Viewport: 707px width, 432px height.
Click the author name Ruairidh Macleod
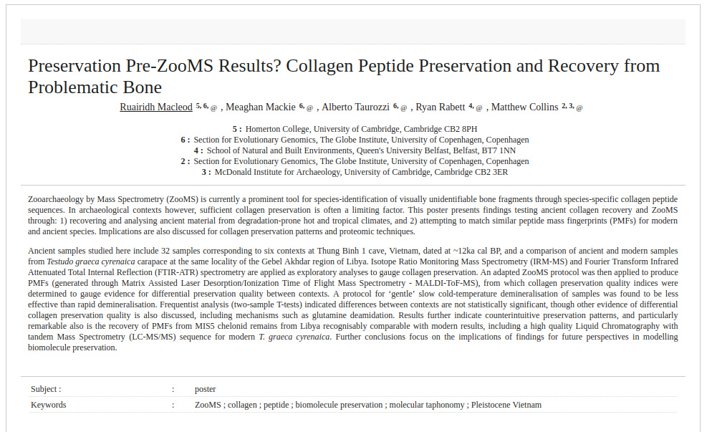pyautogui.click(x=155, y=107)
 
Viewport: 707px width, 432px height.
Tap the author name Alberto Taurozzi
pyautogui.click(x=355, y=107)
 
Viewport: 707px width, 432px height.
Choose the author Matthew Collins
pyautogui.click(x=524, y=107)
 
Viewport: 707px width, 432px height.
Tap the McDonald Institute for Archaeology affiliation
pyautogui.click(x=361, y=172)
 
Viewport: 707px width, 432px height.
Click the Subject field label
pyautogui.click(x=46, y=389)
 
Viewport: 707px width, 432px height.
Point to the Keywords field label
pyautogui.click(x=48, y=405)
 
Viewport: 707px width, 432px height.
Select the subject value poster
pyautogui.click(x=205, y=389)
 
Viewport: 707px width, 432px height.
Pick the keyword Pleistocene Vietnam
pyautogui.click(x=506, y=405)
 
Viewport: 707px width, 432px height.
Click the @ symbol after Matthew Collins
pyautogui.click(x=579, y=108)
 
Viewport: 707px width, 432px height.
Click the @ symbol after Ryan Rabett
pyautogui.click(x=479, y=108)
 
